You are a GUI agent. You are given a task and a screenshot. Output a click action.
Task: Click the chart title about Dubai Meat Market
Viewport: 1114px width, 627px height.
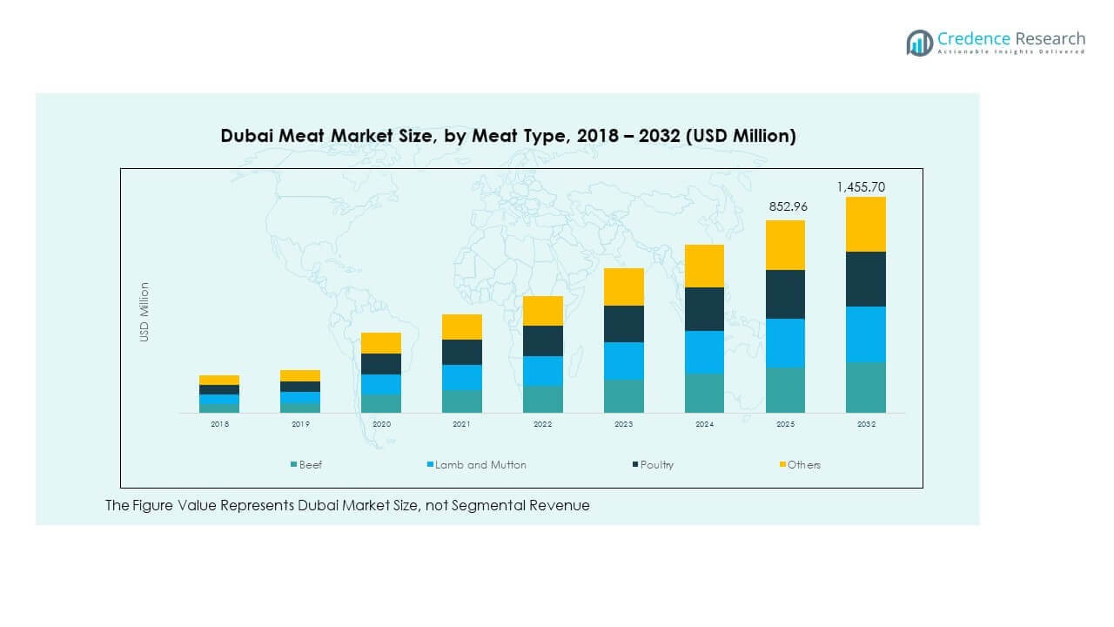point(507,136)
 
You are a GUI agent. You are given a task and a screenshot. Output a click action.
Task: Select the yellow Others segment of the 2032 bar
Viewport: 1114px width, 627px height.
point(866,224)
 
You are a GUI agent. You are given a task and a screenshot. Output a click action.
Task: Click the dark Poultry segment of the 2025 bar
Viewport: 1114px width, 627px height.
point(785,294)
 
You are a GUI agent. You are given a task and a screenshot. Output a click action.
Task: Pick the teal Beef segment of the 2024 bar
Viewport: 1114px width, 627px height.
point(704,393)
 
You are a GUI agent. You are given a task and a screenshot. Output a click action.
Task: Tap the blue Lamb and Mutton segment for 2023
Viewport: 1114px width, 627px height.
point(623,361)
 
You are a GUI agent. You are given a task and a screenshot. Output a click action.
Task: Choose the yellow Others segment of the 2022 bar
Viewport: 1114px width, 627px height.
point(542,311)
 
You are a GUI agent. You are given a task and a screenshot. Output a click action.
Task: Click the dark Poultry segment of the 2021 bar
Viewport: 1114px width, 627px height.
point(461,352)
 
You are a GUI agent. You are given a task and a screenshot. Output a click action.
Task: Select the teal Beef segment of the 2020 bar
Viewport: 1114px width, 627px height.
point(381,403)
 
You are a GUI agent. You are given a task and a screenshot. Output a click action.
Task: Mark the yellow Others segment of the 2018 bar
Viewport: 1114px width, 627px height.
point(219,380)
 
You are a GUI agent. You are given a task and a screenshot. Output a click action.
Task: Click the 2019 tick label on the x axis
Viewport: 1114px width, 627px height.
point(300,424)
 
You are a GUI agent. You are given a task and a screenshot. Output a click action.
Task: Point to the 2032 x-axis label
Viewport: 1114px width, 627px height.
point(866,424)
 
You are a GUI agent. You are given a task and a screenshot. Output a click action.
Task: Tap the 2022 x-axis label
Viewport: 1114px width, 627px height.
point(542,424)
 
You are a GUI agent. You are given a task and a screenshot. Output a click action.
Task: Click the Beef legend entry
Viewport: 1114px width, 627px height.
point(305,465)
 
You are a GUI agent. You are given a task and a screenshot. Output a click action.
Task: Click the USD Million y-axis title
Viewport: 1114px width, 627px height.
point(145,312)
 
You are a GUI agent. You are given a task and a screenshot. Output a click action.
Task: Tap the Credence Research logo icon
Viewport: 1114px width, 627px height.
point(919,42)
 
